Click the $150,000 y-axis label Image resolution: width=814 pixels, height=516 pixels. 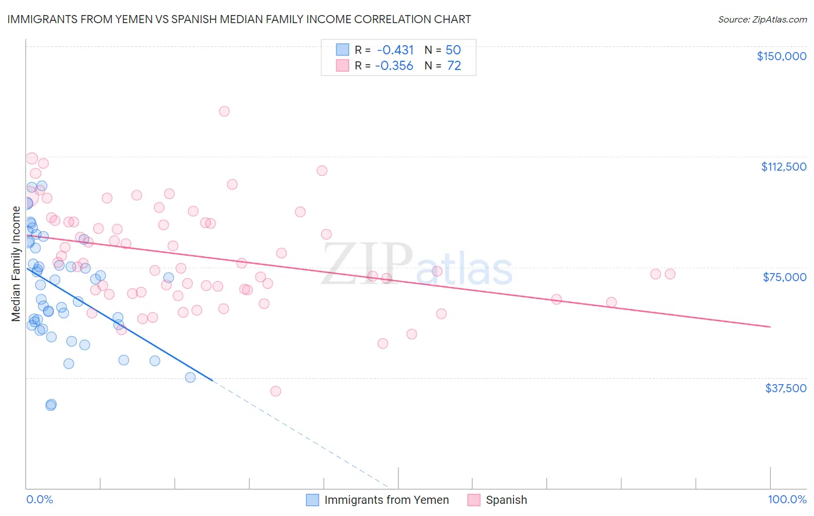(781, 56)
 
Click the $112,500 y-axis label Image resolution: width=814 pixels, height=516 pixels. (783, 167)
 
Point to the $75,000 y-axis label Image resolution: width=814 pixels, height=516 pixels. (784, 277)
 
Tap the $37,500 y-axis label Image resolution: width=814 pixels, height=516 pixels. (786, 388)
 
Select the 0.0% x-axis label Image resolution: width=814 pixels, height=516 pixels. (39, 499)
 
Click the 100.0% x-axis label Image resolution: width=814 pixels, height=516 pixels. (787, 499)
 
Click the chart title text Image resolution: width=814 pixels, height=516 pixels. (239, 19)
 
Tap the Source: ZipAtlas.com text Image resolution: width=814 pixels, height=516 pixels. (762, 19)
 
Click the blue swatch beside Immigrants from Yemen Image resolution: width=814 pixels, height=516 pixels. (313, 500)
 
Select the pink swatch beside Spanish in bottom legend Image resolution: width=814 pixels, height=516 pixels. (474, 500)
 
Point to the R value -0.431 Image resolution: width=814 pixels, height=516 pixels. (395, 50)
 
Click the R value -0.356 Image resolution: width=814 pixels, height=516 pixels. (394, 66)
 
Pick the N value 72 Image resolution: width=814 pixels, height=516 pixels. (454, 66)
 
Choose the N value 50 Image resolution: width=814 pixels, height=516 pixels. (453, 50)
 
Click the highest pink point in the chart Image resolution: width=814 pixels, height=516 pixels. (224, 111)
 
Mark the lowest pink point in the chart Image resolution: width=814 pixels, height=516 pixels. (276, 391)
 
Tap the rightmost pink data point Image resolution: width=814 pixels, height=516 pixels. (670, 274)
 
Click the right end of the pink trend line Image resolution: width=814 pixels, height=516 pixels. (770, 327)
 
